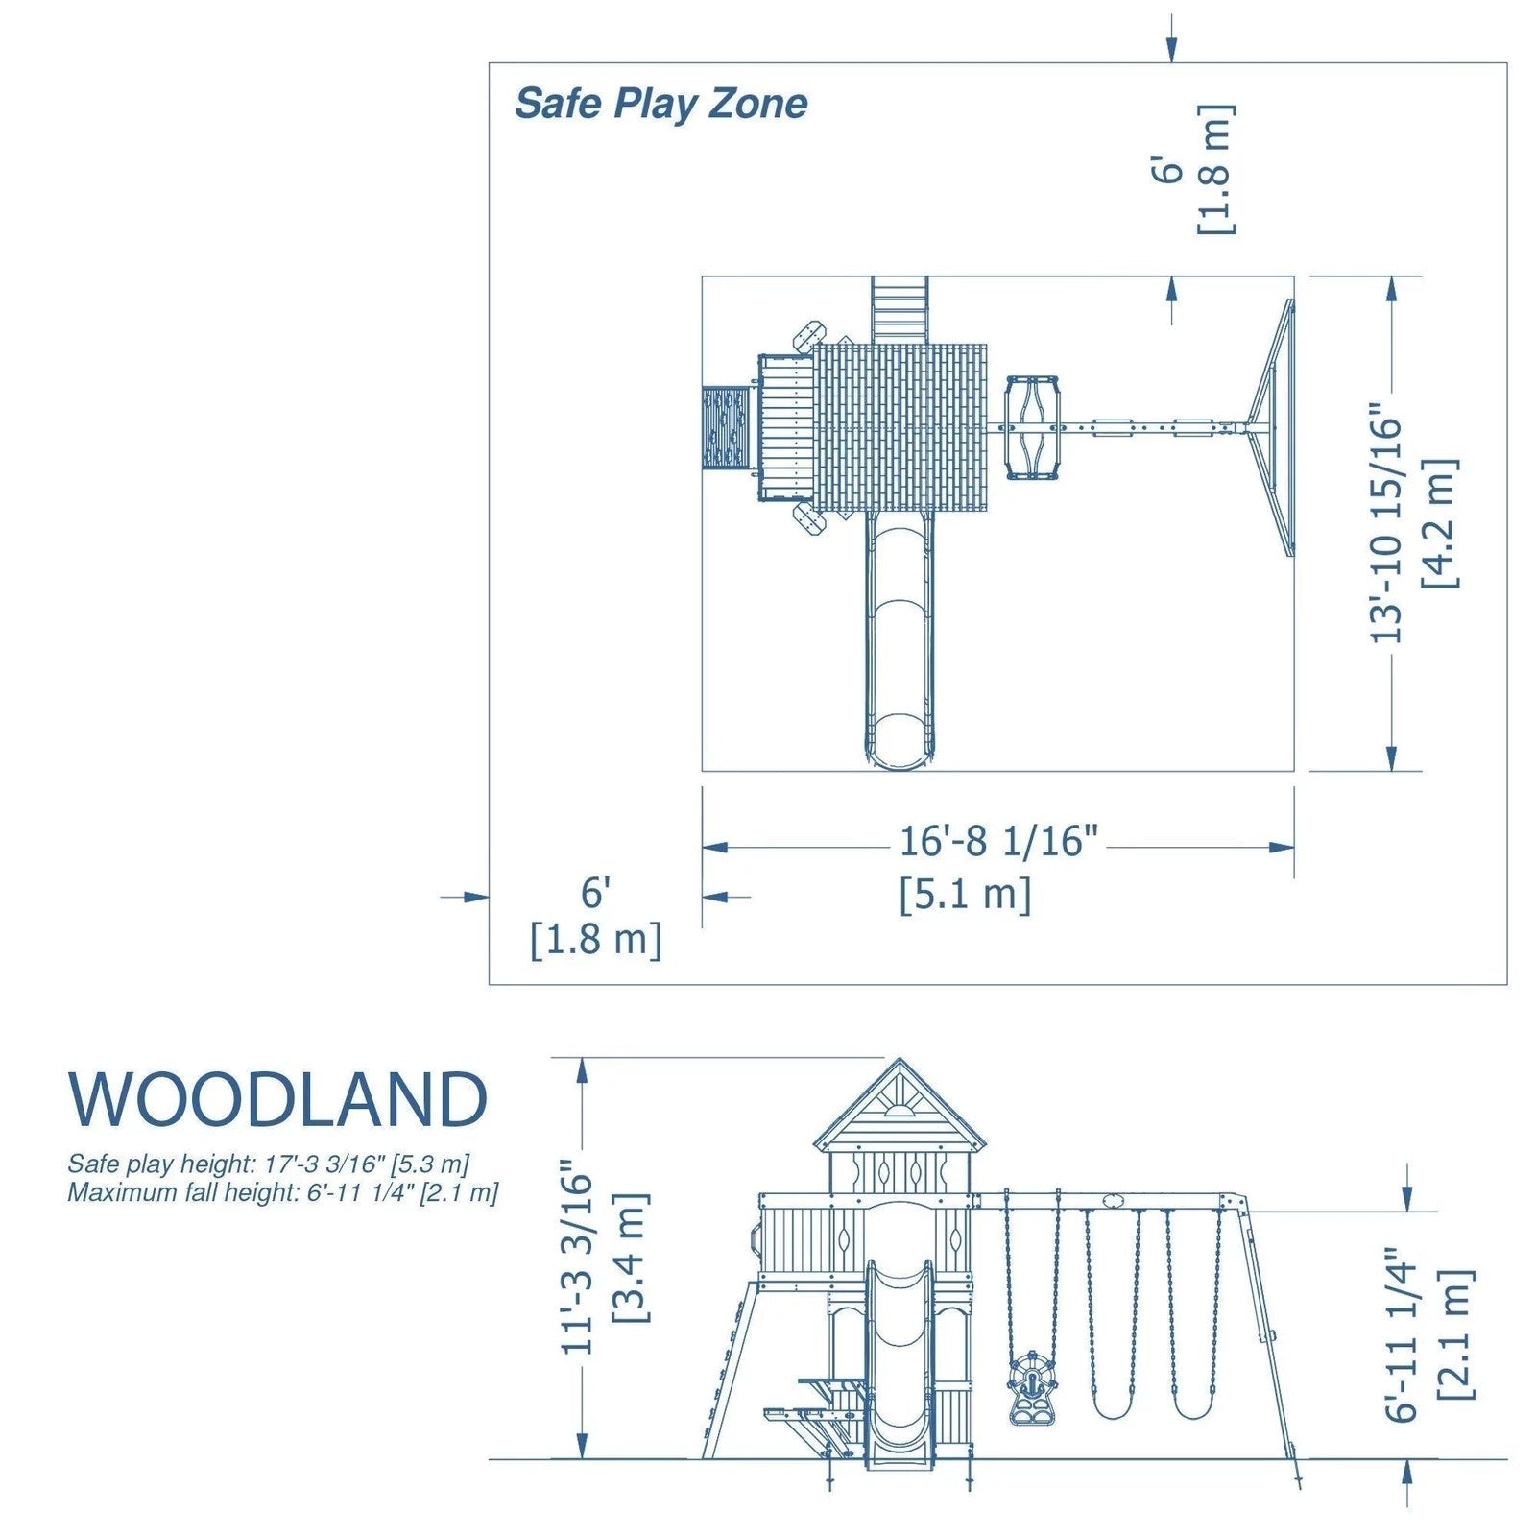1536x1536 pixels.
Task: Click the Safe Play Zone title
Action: [x=660, y=104]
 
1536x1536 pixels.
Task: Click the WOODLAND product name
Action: [x=278, y=1099]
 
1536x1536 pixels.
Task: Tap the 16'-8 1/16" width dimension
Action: [x=997, y=842]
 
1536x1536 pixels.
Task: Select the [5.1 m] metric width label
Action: [x=965, y=895]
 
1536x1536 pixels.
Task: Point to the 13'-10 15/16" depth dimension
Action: [x=1385, y=528]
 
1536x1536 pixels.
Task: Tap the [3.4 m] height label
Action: [x=631, y=1258]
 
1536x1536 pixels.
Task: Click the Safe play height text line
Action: [x=268, y=1164]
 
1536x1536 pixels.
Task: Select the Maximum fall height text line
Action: [x=282, y=1193]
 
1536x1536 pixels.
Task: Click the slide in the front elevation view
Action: [x=900, y=1363]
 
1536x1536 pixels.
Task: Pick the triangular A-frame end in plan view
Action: [x=1273, y=427]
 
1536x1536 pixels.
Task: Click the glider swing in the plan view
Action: [x=1033, y=428]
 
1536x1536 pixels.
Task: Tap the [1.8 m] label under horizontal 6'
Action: [x=596, y=939]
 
